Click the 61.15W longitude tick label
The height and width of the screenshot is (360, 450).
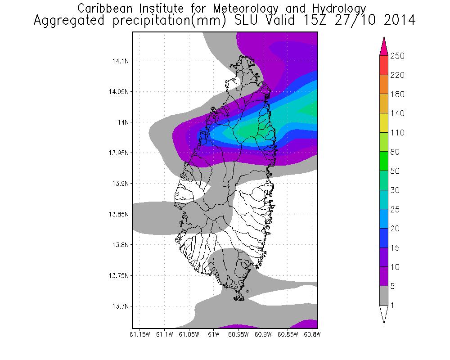[139, 334]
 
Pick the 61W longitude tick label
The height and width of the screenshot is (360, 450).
[214, 334]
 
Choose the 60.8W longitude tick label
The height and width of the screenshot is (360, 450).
[312, 334]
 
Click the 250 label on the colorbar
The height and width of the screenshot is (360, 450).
[398, 56]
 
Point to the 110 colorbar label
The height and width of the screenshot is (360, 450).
[398, 133]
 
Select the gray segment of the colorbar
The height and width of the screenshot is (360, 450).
[384, 296]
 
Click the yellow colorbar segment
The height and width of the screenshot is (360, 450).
[384, 123]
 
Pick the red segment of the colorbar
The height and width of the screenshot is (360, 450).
[384, 65]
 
